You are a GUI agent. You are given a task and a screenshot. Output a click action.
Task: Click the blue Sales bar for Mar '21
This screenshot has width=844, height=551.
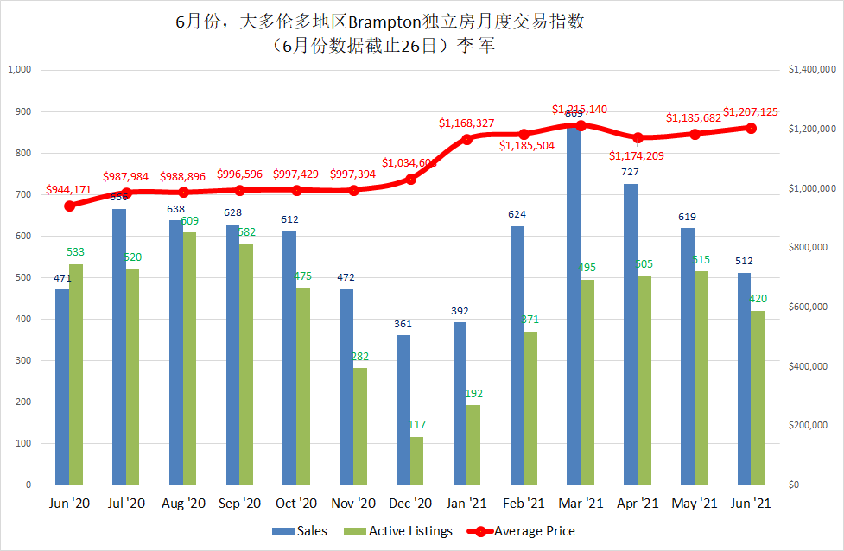(x=574, y=302)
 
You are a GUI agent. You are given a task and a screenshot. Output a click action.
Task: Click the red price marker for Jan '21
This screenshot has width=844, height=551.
(x=467, y=139)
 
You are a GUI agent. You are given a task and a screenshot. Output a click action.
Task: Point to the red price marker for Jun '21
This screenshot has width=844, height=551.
(x=752, y=128)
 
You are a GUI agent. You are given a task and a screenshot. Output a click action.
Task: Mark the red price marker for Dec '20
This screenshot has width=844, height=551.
(x=410, y=179)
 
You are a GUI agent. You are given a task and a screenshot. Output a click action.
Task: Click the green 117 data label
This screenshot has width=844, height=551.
(x=417, y=425)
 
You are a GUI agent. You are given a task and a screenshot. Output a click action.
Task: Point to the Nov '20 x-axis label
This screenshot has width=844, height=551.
(x=354, y=503)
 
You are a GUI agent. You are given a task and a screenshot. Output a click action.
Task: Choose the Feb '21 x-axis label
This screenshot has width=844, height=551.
(x=524, y=503)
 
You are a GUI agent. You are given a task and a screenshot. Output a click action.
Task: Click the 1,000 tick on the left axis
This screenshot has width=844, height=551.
(x=19, y=70)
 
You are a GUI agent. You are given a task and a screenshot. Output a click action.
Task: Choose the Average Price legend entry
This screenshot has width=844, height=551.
(x=522, y=531)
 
